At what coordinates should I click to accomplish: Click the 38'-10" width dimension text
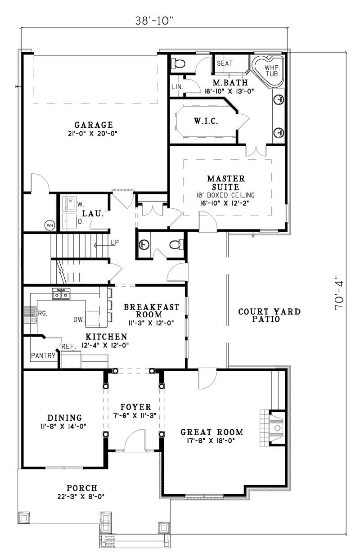tap(153, 21)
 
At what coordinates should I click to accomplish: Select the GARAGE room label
tap(94, 125)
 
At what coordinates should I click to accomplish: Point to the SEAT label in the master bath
tap(225, 63)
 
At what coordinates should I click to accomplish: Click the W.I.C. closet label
tap(206, 121)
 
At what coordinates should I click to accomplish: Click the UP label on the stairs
tap(114, 243)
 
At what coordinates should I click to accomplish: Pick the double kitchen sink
tap(62, 295)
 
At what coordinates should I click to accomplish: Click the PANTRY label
tap(43, 355)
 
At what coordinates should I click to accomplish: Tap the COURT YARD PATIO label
tap(269, 315)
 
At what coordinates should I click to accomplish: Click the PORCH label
tap(82, 488)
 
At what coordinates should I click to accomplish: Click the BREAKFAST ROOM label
tap(151, 310)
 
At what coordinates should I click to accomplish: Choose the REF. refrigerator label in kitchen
tap(68, 346)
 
